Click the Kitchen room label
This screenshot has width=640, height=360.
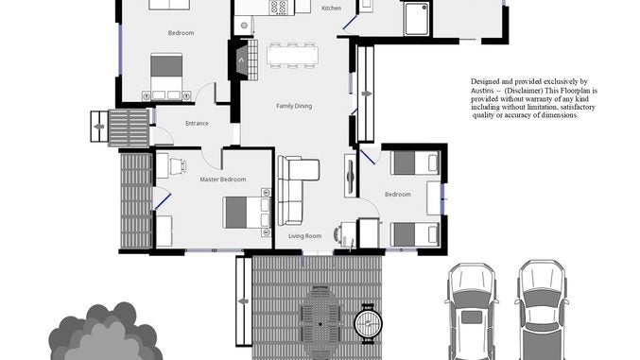tap(331, 9)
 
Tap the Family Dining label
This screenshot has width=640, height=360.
tap(294, 106)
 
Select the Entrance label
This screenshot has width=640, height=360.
tap(197, 123)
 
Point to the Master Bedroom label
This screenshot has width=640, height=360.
tap(223, 180)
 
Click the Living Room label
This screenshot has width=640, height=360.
tap(304, 236)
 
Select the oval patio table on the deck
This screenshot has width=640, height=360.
tap(320, 323)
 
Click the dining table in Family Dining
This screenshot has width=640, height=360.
tap(293, 55)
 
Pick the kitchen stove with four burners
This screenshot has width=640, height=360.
tap(279, 7)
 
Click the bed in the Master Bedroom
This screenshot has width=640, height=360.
tap(247, 213)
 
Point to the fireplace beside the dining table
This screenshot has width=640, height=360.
tap(241, 60)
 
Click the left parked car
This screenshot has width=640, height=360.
tap(472, 312)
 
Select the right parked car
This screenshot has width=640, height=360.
tap(542, 311)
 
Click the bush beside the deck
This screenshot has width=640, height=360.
tap(105, 333)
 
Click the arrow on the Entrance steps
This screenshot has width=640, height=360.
tap(98, 127)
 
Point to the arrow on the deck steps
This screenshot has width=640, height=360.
tap(244, 301)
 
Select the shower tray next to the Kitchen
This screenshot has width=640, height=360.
tap(417, 19)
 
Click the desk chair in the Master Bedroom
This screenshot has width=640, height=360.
tap(180, 165)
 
